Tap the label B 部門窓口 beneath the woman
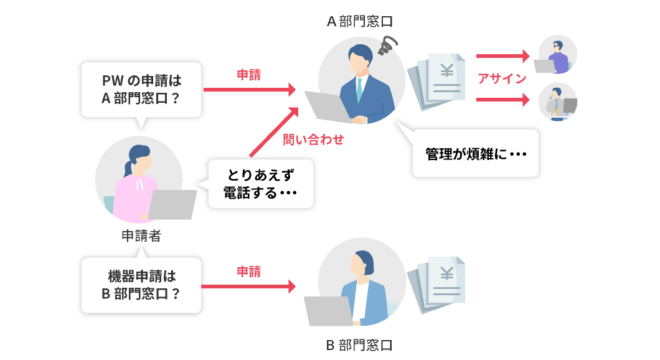click(360, 344)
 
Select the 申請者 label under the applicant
click(141, 235)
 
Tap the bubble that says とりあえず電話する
click(260, 184)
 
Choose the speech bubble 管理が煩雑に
click(474, 153)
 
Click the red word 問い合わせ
click(313, 140)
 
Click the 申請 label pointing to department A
click(248, 75)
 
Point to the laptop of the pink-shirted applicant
click(172, 204)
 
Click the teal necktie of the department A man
click(359, 91)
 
